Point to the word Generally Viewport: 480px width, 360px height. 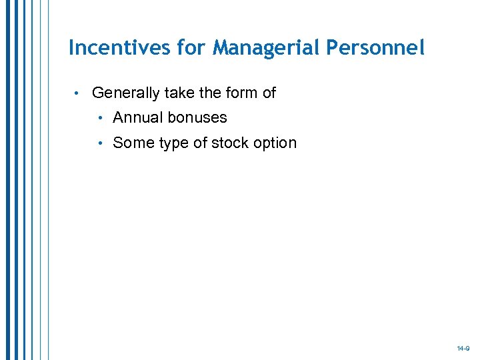125,93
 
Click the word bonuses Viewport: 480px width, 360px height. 197,118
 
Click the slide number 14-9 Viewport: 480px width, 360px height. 463,349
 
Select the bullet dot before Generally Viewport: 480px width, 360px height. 78,93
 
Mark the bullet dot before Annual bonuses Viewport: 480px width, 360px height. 99,118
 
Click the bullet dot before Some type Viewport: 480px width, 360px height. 99,143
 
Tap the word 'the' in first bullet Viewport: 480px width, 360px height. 211,93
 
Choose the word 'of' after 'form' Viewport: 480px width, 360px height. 269,93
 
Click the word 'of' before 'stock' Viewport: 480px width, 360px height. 201,143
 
